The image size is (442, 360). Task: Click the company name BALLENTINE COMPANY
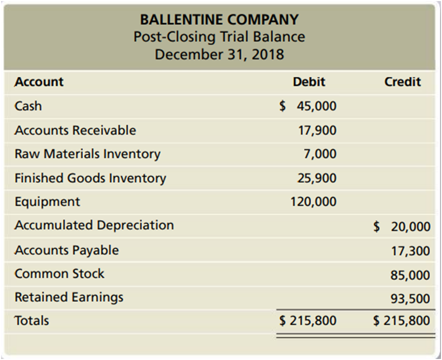[x=219, y=20]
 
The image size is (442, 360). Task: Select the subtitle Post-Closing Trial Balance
[x=219, y=37]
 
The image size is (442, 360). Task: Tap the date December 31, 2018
[x=219, y=54]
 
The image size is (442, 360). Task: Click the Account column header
[x=39, y=82]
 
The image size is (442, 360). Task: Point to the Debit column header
[x=309, y=82]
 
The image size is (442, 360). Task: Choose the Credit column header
[x=403, y=82]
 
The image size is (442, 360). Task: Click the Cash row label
[x=28, y=106]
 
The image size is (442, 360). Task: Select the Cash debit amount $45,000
[x=308, y=106]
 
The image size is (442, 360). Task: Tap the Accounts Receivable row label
[x=75, y=130]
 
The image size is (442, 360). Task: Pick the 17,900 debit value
[x=317, y=130]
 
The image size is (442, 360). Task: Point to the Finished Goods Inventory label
[x=90, y=178]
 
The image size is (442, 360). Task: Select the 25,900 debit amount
[x=317, y=178]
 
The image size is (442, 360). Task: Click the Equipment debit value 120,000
[x=313, y=201]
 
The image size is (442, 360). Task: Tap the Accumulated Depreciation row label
[x=94, y=225]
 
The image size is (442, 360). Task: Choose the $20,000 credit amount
[x=402, y=226]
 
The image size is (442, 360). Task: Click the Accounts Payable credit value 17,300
[x=410, y=251]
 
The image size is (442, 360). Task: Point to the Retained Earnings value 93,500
[x=410, y=298]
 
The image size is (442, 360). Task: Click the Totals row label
[x=32, y=321]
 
